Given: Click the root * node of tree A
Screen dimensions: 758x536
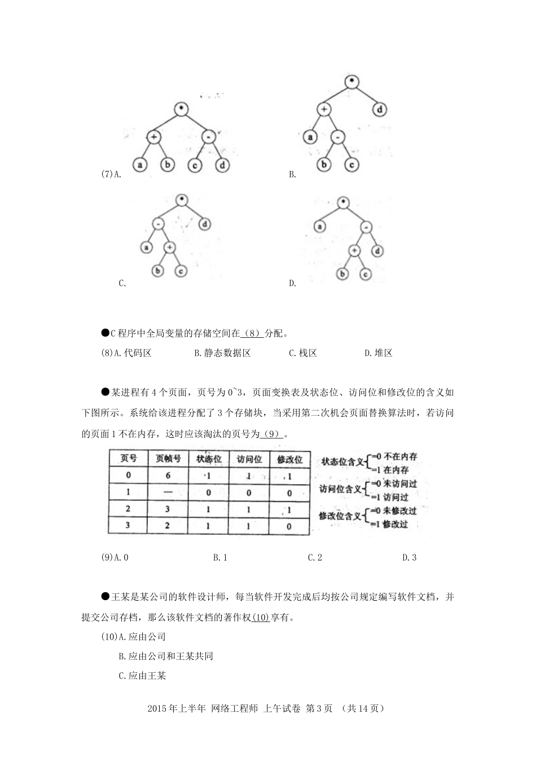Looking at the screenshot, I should point(181,109).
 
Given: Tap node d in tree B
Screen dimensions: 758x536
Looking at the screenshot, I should point(380,109).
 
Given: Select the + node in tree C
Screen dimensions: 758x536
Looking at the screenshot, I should point(170,246).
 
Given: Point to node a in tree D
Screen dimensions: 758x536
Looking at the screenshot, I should point(320,227).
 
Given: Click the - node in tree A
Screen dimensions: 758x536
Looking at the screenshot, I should point(209,137).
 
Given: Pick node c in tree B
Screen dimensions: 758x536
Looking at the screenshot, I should point(351,165).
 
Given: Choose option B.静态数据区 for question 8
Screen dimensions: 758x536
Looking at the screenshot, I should point(222,353).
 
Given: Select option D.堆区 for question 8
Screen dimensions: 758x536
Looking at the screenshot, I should point(378,353).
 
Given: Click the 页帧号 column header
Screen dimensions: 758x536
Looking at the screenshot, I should point(168,459).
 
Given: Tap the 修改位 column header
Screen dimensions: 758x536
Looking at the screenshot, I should point(289,459).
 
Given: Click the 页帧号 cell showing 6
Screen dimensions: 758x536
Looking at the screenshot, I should point(168,475).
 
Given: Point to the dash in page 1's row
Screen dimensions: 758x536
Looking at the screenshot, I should point(168,492).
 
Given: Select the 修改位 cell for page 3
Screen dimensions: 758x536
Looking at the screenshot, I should point(289,526).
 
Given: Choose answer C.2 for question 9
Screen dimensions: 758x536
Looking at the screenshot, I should point(315,557).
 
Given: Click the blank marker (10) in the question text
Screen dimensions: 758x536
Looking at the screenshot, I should point(261,617).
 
